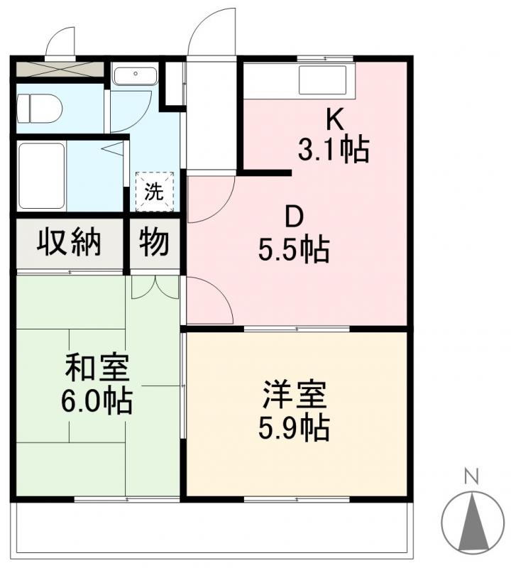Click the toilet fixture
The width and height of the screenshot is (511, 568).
39,109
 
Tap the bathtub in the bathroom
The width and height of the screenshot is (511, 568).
42,175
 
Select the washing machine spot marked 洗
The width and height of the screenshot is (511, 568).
155,192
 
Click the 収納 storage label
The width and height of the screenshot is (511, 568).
69,241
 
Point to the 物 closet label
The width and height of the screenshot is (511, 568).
154,241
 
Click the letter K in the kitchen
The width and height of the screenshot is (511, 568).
335,119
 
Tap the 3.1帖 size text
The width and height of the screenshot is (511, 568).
334,148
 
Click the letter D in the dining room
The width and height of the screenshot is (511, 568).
294,218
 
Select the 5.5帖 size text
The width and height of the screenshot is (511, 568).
294,250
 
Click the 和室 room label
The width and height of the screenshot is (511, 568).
97,368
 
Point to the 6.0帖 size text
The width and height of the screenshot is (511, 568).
97,401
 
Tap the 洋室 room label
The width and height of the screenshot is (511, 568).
295,394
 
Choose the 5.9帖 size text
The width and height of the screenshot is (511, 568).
294,428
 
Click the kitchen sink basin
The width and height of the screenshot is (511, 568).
322,80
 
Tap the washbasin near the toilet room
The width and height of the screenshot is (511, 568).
135,75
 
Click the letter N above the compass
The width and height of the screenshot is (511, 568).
472,476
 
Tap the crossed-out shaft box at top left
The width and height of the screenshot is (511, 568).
60,69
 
